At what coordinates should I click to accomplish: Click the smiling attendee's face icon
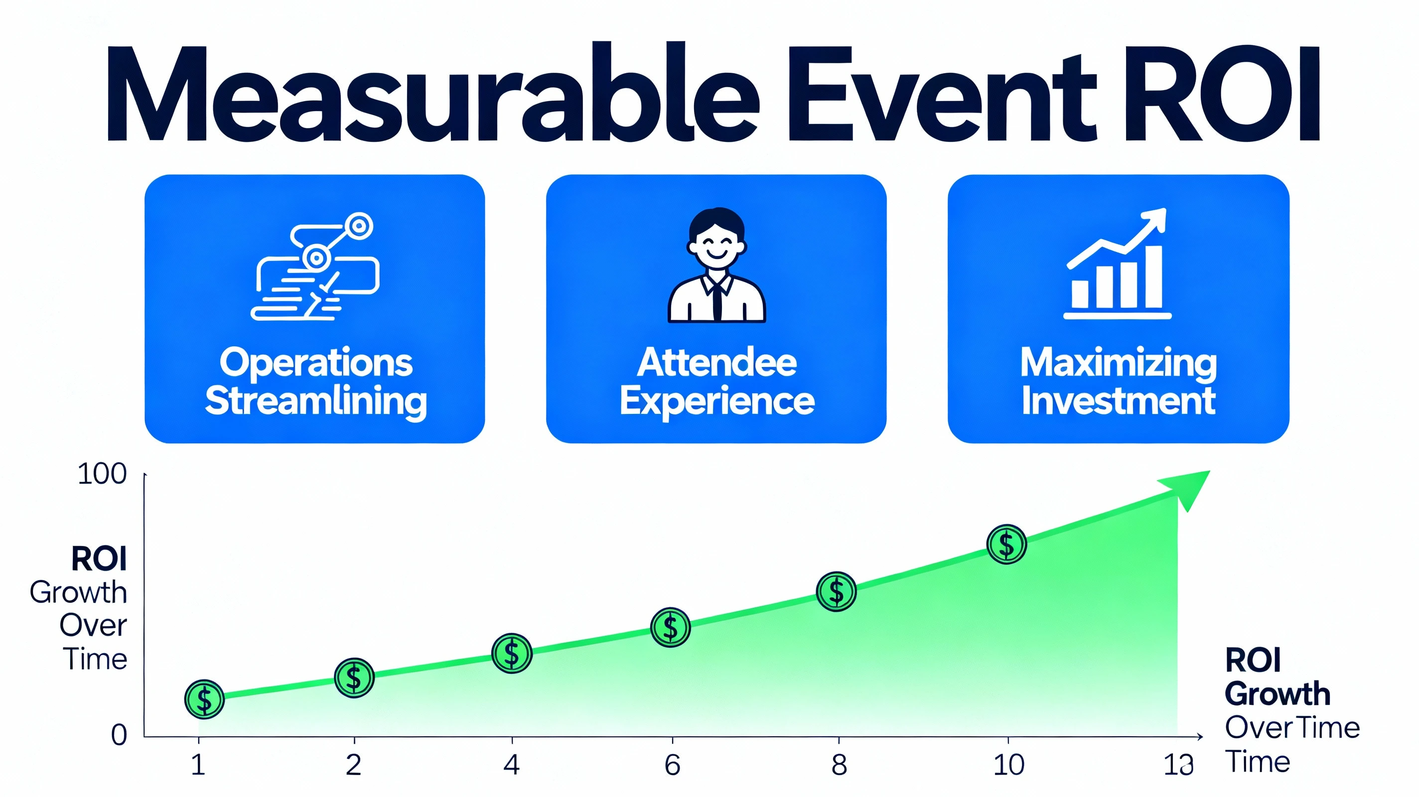[716, 243]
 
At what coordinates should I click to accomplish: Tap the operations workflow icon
[315, 266]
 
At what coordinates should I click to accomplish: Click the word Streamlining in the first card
[316, 401]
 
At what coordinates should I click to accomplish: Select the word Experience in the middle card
[716, 401]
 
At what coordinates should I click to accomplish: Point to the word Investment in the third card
[1118, 401]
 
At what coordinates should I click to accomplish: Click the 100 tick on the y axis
[103, 474]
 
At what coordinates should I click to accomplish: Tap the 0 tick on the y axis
[119, 735]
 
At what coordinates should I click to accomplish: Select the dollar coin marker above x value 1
[204, 699]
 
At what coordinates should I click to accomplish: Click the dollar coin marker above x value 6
[671, 627]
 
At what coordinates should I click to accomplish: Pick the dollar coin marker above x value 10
[1006, 544]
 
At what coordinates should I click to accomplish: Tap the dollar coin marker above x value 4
[512, 653]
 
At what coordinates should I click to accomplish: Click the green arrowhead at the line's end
[1187, 488]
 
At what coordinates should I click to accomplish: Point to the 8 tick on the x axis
[839, 765]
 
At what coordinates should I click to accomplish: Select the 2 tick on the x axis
[354, 765]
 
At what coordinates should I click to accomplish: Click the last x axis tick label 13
[1178, 765]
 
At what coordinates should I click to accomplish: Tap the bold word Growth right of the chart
[1277, 693]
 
